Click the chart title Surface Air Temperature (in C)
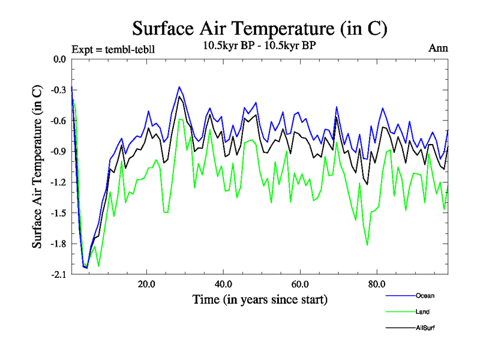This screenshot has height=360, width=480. point(259,28)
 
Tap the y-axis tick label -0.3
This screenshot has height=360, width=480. point(59,90)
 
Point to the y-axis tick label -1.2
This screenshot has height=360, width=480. point(59,182)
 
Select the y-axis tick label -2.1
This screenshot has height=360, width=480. point(59,274)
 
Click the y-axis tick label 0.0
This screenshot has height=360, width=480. point(59,59)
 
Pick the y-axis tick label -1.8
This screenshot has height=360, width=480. point(59,244)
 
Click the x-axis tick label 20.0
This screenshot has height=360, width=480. point(146,283)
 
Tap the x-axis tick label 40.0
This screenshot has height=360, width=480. point(223,283)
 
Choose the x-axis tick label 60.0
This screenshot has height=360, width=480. point(299,283)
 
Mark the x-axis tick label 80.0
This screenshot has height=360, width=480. point(376,283)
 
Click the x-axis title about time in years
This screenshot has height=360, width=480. point(260,299)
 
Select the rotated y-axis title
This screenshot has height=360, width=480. point(37,166)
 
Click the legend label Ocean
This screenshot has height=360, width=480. point(425,295)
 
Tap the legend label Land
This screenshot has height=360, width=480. point(422,311)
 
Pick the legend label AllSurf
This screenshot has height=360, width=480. point(424,328)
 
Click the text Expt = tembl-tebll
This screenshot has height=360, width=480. point(113,49)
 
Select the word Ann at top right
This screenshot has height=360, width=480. point(437,48)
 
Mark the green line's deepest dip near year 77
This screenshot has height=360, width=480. point(367,245)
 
